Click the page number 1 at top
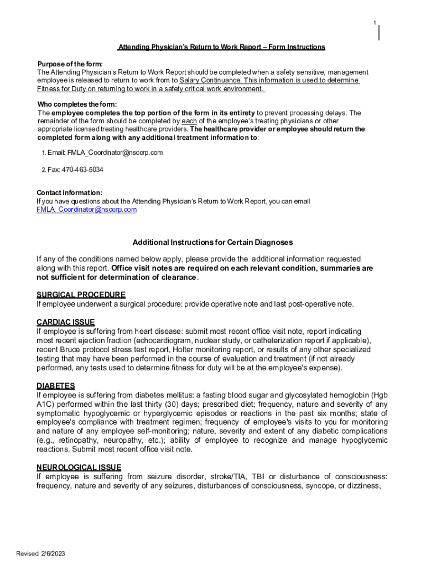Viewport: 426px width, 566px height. pos(375,23)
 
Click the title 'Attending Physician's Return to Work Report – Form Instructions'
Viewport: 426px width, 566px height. pos(221,47)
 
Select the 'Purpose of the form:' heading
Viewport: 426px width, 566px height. pos(70,64)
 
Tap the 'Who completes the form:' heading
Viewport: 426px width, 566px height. pos(77,104)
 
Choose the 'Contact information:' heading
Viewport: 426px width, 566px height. pos(69,193)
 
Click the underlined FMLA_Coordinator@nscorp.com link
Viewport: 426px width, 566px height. pos(86,209)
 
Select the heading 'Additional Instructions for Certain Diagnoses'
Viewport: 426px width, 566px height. pos(212,242)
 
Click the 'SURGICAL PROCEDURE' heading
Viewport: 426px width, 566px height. pos(81,295)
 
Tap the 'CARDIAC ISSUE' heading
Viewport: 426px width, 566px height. pos(65,322)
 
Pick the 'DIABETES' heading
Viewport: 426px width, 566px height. pos(55,385)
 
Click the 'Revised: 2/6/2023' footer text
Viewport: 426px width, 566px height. pos(41,554)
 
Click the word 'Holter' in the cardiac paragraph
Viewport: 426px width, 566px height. pos(183,349)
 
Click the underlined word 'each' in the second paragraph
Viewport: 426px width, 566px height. pos(189,120)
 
